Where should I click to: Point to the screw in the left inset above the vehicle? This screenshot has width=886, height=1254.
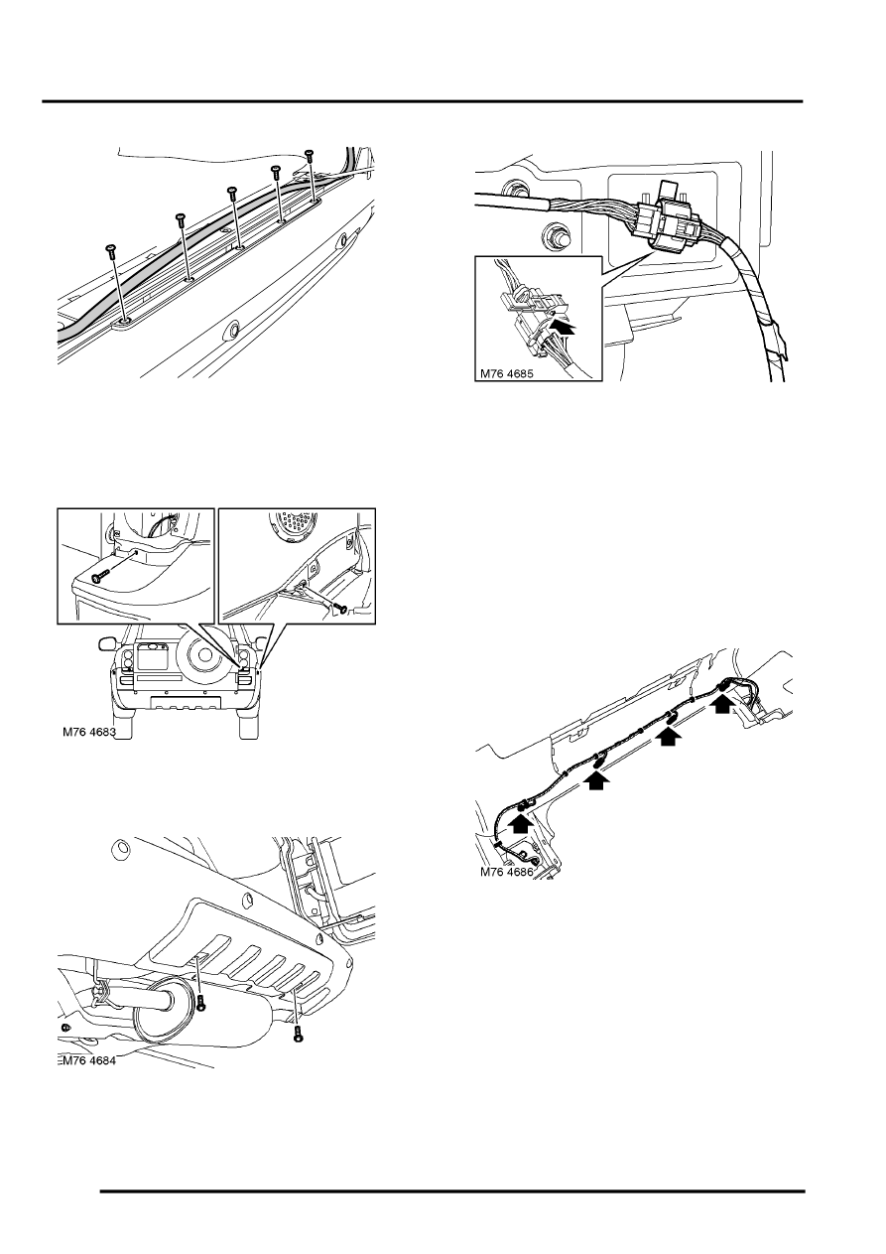pyautogui.click(x=99, y=576)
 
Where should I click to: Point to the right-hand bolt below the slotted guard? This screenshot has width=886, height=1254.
pyautogui.click(x=298, y=1035)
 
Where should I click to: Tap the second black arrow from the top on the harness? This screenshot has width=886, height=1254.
pyautogui.click(x=671, y=737)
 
